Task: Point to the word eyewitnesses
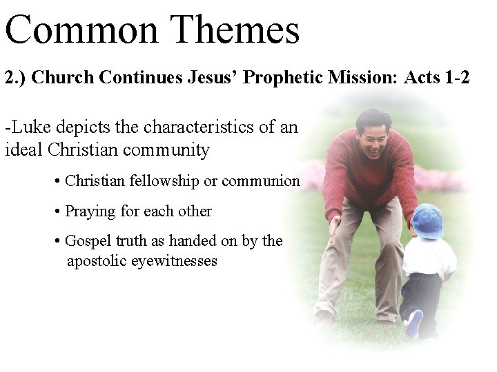click(177, 261)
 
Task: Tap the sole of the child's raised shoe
click(414, 322)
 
